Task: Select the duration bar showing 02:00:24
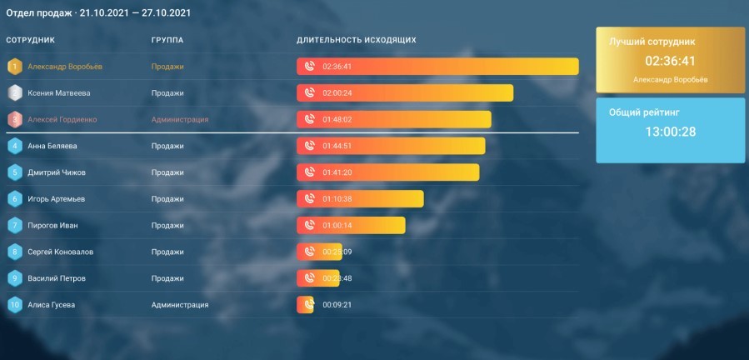(405, 93)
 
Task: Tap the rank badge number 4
(14, 146)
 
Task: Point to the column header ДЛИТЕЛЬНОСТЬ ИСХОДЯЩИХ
(357, 40)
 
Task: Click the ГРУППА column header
(167, 40)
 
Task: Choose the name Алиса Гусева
(52, 305)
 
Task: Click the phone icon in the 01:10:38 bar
(309, 199)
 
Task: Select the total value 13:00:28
(671, 132)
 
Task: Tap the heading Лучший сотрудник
(652, 41)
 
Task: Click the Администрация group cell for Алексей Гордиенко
(180, 120)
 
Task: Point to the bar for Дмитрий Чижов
(388, 172)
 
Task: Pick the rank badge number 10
(14, 305)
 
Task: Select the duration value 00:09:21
(337, 305)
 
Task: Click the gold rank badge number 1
(14, 67)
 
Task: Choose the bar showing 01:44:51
(391, 146)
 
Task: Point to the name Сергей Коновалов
(60, 252)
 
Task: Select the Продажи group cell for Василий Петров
(167, 278)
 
